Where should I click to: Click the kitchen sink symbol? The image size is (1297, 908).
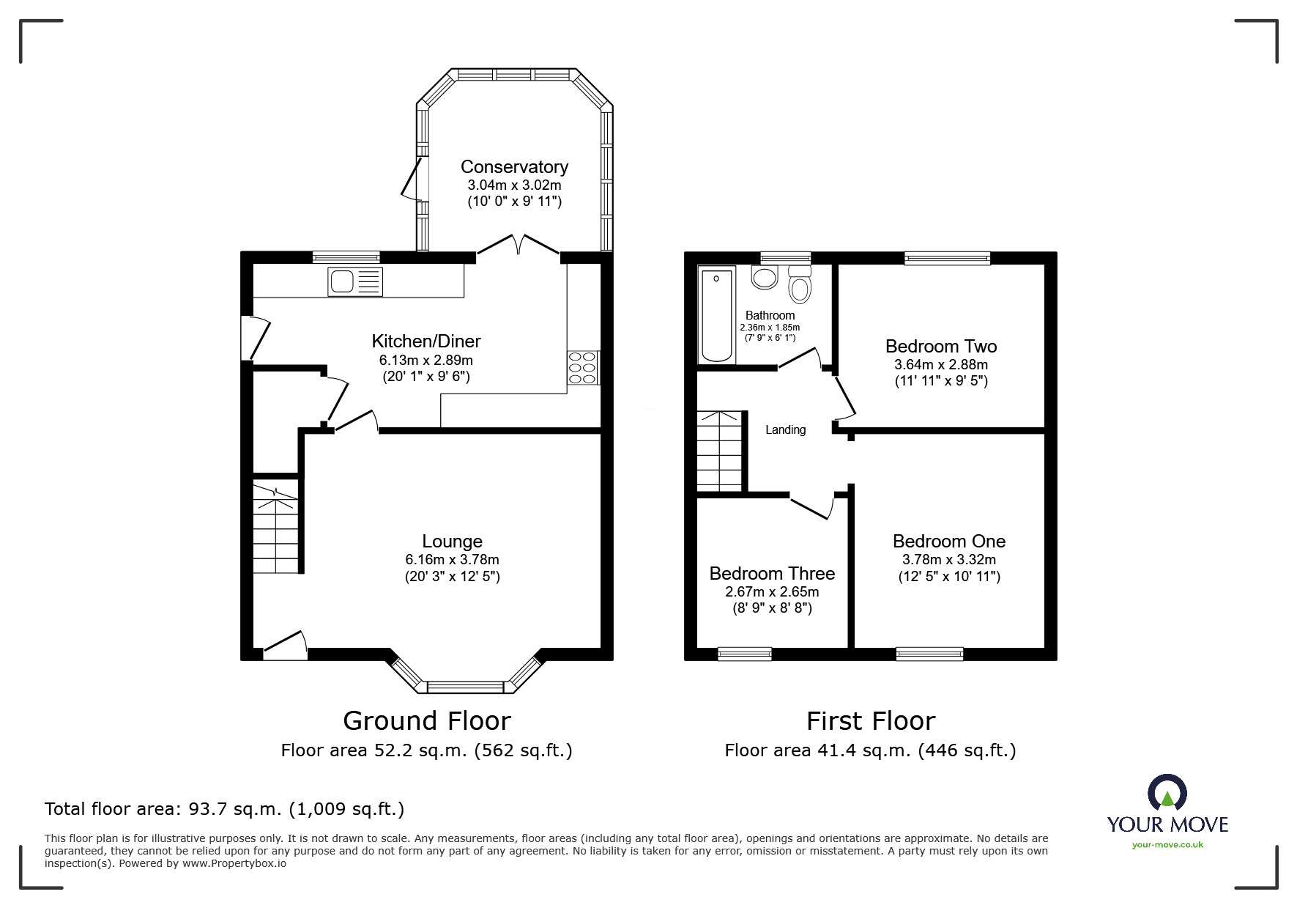(355, 281)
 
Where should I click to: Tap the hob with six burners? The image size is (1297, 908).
(583, 368)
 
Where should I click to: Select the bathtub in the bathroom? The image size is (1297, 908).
(717, 316)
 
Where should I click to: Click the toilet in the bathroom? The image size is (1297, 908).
(800, 284)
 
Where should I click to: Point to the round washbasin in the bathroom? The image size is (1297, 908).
(765, 278)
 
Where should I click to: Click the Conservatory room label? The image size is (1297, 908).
(514, 167)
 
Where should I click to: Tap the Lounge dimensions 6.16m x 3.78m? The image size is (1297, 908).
(452, 559)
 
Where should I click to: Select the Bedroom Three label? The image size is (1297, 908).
(772, 573)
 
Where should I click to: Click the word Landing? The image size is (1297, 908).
(785, 430)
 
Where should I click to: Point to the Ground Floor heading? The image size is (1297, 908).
(426, 721)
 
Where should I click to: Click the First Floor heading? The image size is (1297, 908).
(870, 721)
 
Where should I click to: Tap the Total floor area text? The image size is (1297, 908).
(224, 809)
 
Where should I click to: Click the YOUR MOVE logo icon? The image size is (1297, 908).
(1167, 794)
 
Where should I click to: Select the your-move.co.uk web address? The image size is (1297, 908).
(1167, 845)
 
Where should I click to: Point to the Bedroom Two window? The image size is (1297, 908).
(947, 258)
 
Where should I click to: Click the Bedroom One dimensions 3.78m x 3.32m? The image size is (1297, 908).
(948, 559)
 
